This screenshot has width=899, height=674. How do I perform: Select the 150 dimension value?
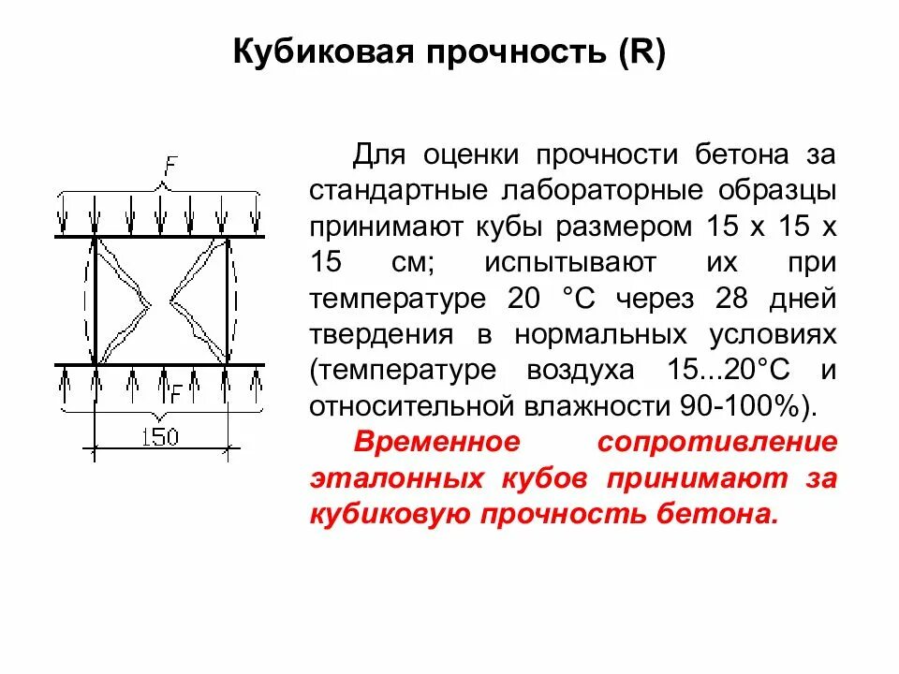point(161,437)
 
